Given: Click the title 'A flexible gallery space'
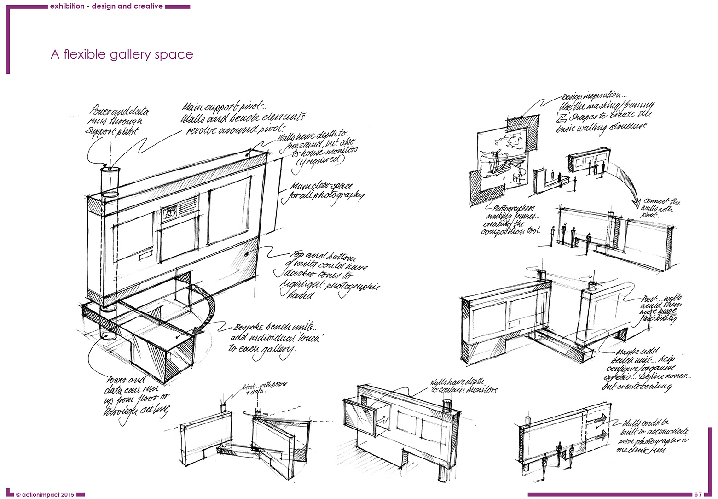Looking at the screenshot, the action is click(x=122, y=54).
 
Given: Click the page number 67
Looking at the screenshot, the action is click(x=698, y=494).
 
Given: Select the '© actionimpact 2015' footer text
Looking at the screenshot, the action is click(x=45, y=494).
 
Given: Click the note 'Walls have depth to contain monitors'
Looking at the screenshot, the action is click(x=463, y=386).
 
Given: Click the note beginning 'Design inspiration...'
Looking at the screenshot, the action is click(x=605, y=113).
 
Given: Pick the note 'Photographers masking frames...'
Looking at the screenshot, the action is click(x=511, y=220).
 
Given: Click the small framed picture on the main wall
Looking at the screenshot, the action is click(x=170, y=211).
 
